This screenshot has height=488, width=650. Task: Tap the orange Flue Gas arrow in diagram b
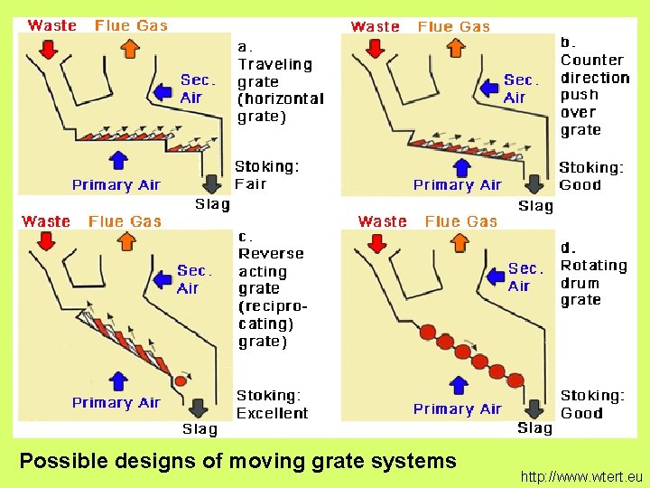pos(454,45)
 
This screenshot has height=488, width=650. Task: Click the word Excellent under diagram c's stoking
pos(272,413)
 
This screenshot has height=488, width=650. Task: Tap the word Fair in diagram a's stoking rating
pos(250,184)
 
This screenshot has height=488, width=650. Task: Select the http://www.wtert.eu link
pos(582,474)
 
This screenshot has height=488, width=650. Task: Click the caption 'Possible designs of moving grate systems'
pos(237,461)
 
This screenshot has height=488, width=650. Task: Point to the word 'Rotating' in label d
pos(593,266)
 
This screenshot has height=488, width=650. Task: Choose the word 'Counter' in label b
pos(591,60)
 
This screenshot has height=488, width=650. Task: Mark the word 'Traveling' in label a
pos(274,64)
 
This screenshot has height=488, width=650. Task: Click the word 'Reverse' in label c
pos(271,254)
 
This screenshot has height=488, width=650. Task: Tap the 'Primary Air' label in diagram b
pos(457,185)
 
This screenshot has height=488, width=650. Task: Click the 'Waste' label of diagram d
pos(382,221)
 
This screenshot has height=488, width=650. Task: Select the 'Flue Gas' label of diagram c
pos(125,221)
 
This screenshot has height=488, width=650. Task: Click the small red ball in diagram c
pos(180,381)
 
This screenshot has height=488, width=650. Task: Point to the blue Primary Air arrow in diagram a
pos(117,161)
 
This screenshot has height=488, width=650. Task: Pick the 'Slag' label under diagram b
pos(535,206)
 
